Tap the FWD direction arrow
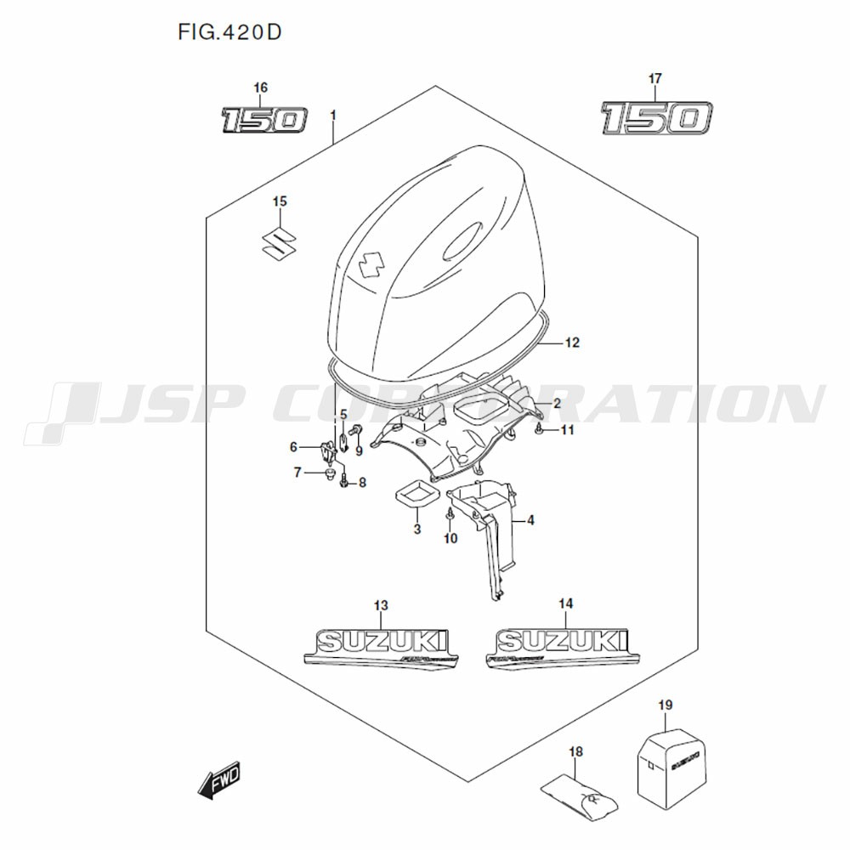pos(220,778)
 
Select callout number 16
pos(260,88)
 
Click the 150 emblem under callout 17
pos(655,118)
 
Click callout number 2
pos(557,402)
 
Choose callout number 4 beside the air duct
pos(530,520)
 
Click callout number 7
pos(297,473)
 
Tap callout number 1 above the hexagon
pos(333,115)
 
